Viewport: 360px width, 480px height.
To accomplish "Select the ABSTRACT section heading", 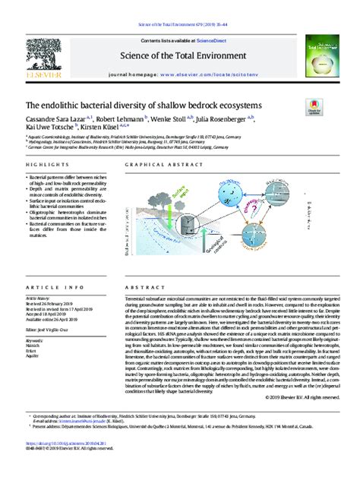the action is (128, 288).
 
